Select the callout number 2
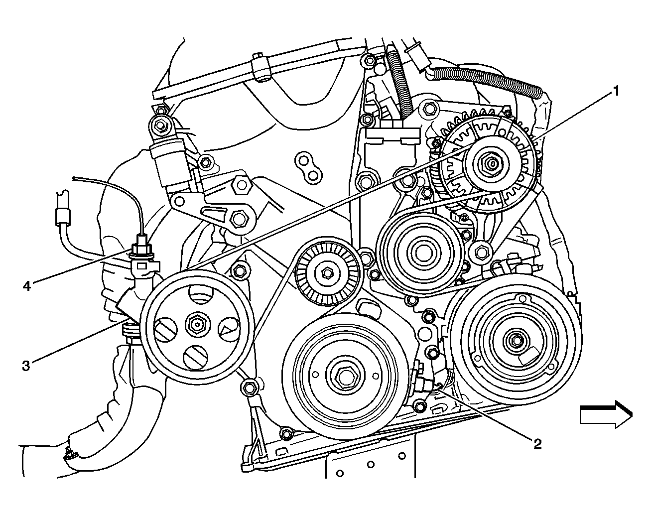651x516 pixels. point(536,443)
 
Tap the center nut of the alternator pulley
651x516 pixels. point(491,163)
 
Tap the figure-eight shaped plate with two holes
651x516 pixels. point(307,168)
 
